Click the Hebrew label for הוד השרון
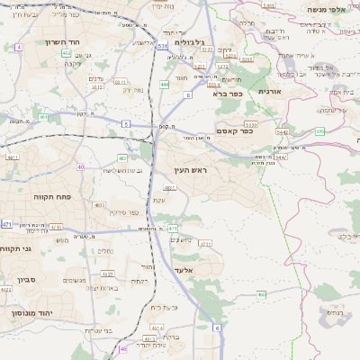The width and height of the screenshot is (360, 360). pos(60,41)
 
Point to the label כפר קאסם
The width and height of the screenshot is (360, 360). pos(234,131)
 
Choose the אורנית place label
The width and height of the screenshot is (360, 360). pos(269,91)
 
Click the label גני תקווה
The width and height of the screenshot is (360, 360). pos(17,248)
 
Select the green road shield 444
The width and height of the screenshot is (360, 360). pos(164,84)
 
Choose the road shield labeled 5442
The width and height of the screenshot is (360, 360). pos(282,131)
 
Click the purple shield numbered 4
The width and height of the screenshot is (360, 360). pos(19,46)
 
